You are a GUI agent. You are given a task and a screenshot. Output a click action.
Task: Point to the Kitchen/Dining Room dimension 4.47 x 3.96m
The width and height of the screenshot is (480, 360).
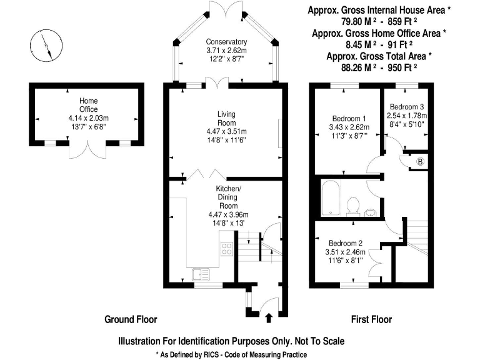(228, 214)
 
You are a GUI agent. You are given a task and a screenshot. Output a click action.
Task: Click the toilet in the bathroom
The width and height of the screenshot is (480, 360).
(352, 204)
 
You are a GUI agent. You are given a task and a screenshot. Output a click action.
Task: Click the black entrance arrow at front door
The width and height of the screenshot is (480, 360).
(269, 319)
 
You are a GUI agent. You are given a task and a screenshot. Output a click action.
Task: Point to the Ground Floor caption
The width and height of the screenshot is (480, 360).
(131, 319)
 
